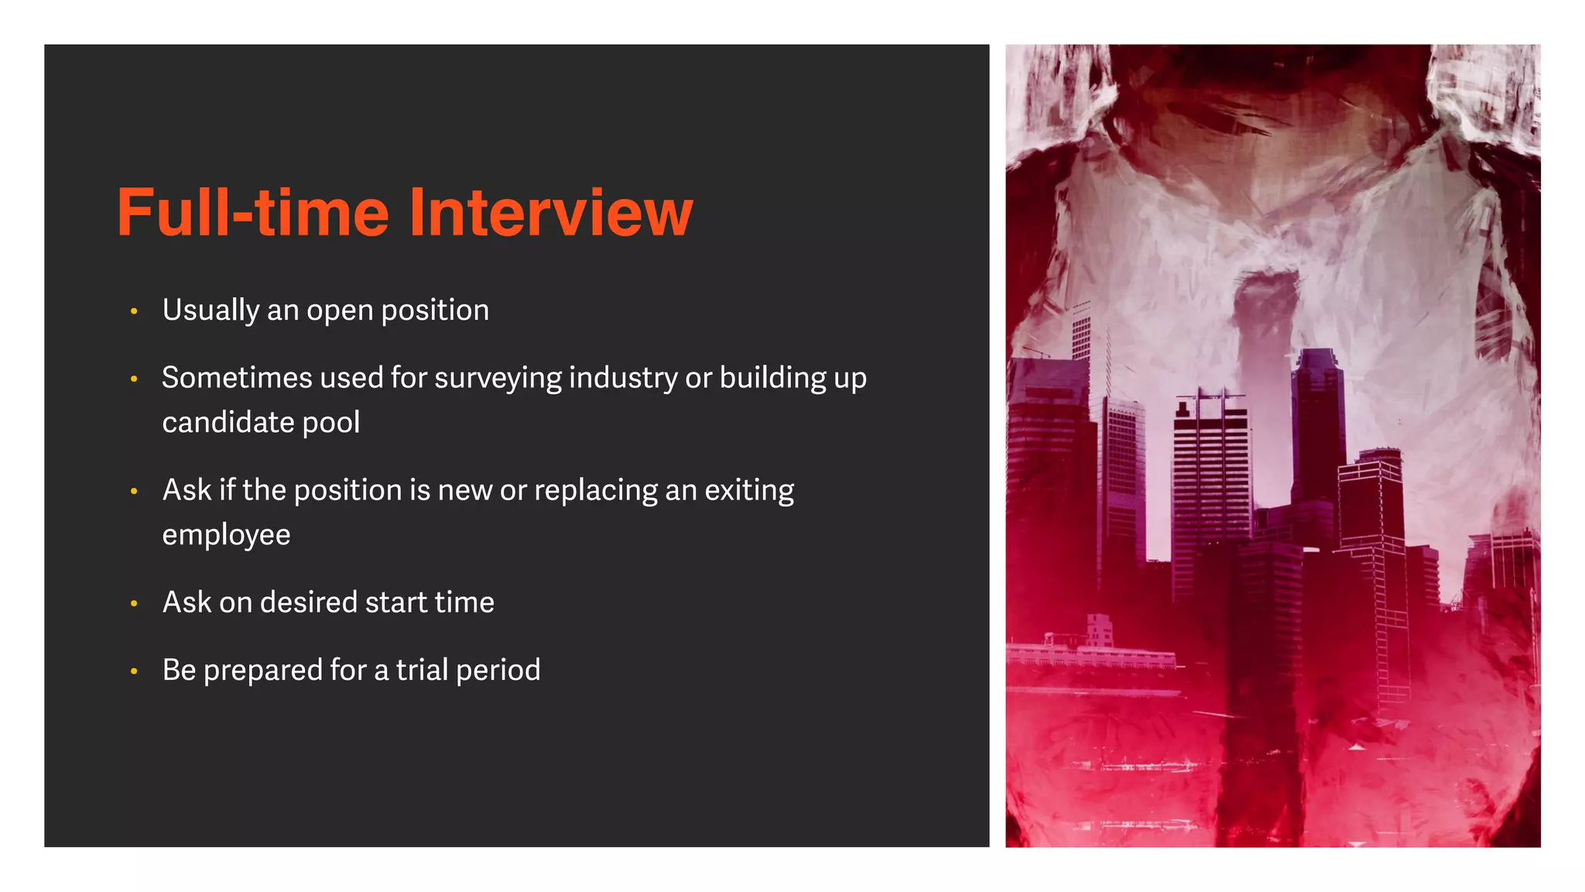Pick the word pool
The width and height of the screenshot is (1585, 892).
coord(331,423)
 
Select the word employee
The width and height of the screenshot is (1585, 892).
coord(226,535)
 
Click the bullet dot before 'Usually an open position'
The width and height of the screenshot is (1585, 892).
coord(134,311)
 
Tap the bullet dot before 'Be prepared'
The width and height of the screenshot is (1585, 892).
coord(134,671)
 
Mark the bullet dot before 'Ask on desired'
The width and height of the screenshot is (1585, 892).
coord(134,603)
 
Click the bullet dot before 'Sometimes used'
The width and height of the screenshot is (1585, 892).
coord(134,379)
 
